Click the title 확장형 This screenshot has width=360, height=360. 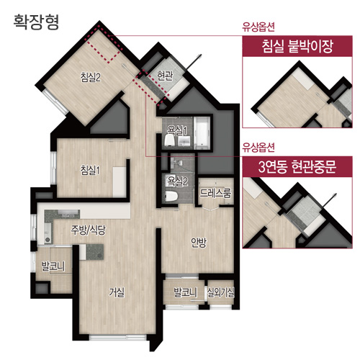36,22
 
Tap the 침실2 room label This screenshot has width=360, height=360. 90,78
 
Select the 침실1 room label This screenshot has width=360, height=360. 90,170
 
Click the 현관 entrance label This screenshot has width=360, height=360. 165,76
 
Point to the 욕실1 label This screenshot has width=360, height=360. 177,130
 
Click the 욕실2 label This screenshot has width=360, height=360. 178,181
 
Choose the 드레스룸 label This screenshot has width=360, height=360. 215,193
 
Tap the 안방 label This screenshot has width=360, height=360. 199,243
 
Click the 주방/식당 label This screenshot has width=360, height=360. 88,230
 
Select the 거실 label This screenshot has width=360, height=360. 117,292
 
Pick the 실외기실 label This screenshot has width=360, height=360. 220,292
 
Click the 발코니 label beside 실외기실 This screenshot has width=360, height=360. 185,292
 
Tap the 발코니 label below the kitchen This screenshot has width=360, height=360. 53,266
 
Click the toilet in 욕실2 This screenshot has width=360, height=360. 171,196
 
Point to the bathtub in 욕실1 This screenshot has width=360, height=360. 202,132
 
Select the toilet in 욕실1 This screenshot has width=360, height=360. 171,140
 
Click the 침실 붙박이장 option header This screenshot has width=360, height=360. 297,46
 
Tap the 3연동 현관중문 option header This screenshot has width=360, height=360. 297,167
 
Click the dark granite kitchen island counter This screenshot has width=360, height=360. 95,252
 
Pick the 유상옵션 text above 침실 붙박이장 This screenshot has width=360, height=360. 258,27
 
